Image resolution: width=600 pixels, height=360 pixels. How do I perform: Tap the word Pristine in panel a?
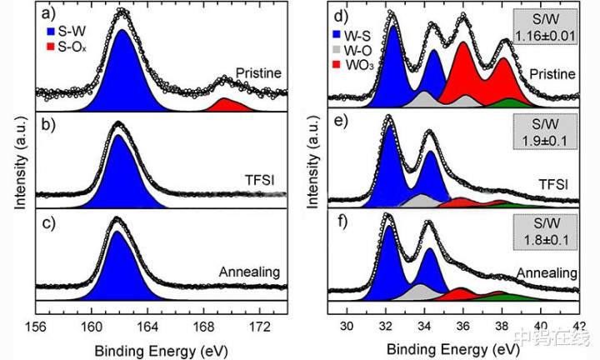point(259,72)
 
